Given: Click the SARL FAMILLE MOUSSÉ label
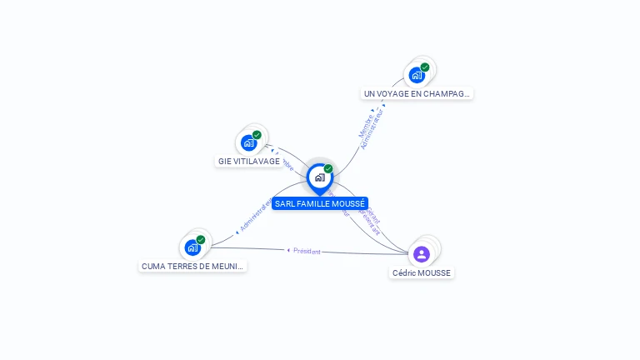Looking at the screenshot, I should click(x=320, y=203).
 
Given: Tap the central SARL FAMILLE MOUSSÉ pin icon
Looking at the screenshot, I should click(x=319, y=177).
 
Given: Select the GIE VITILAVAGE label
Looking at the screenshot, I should click(x=249, y=161).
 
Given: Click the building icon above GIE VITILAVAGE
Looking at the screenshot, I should click(x=248, y=142).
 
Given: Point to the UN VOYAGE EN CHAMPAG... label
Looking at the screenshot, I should click(x=417, y=94).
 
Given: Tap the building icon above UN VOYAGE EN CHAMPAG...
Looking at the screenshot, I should click(x=417, y=75).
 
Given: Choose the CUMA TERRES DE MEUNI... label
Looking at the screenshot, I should click(x=192, y=267).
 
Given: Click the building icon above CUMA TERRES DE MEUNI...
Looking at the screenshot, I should click(x=192, y=247).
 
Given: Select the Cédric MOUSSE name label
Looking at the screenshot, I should click(x=422, y=272).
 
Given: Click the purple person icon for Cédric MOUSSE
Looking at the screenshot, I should click(x=422, y=254).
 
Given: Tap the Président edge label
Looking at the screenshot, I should click(x=307, y=251).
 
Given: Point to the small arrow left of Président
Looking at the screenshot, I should click(x=287, y=250).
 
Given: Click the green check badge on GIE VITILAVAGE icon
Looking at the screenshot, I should click(x=257, y=135).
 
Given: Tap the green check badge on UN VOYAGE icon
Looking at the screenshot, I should click(x=425, y=67).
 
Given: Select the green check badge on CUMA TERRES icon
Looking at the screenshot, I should click(x=201, y=240).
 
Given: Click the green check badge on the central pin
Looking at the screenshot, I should click(x=328, y=168).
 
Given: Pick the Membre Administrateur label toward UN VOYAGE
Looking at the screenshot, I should click(x=371, y=127).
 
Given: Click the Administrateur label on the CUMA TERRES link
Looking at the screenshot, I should click(x=254, y=216).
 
